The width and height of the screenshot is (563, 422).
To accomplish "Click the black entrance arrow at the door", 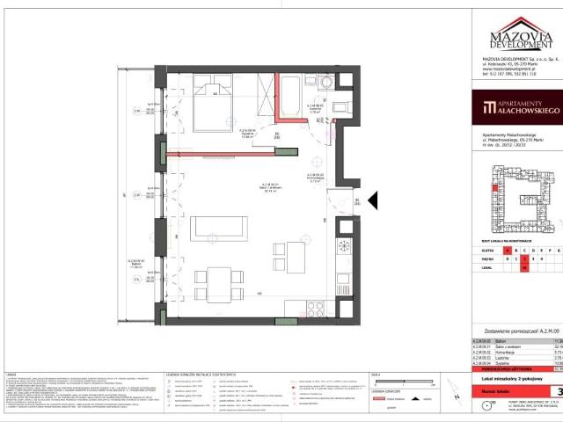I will (371, 201).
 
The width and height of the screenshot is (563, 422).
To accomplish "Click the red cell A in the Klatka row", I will (494, 251).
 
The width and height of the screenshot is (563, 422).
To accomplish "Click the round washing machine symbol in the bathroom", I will (327, 84).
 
